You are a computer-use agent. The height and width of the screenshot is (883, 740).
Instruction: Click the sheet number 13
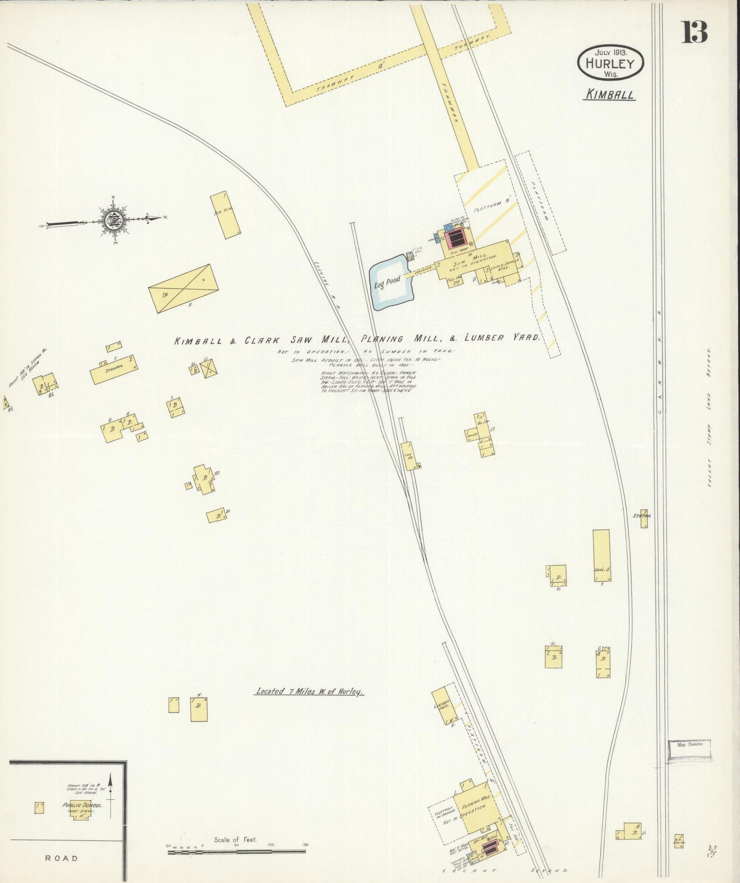click(x=694, y=32)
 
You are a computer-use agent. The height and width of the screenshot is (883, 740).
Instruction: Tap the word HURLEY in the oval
click(x=610, y=64)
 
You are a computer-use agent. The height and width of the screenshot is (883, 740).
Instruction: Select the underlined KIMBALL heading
click(x=609, y=95)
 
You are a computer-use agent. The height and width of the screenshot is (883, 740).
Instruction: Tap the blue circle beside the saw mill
click(x=448, y=227)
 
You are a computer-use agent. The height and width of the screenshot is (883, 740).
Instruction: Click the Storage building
click(x=113, y=369)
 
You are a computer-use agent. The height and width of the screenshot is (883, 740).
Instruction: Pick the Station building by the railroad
click(x=644, y=518)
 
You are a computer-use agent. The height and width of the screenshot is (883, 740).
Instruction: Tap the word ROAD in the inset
click(x=61, y=858)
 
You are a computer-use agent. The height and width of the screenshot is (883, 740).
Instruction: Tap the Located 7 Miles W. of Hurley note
click(x=309, y=691)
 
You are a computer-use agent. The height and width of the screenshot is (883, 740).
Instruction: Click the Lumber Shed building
click(x=444, y=705)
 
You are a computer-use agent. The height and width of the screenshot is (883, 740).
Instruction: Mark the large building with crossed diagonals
click(x=183, y=288)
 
